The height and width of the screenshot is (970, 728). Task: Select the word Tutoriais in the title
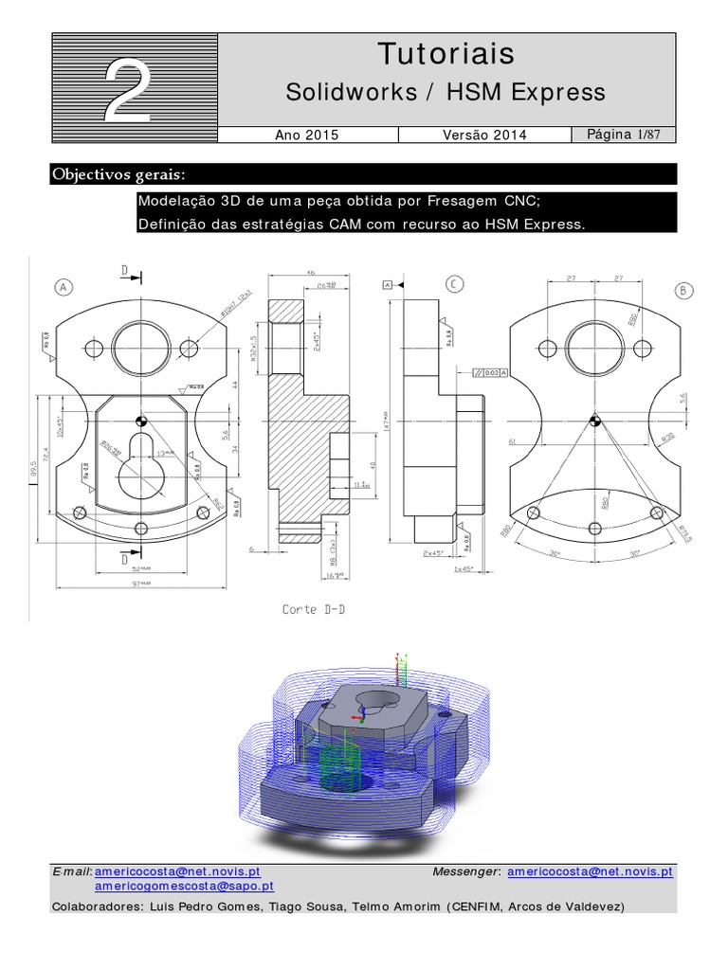tap(446, 54)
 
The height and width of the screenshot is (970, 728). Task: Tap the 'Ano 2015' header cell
tap(306, 135)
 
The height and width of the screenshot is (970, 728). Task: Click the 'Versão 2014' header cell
tap(484, 135)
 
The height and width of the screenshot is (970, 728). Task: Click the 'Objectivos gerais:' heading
tap(118, 174)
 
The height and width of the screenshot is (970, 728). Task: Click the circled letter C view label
tap(455, 283)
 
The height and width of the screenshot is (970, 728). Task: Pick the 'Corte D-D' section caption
tap(314, 609)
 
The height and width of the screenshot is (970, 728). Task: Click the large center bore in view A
tap(140, 345)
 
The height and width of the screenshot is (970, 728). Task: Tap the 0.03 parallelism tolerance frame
tap(490, 373)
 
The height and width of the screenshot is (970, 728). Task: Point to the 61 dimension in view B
tap(513, 441)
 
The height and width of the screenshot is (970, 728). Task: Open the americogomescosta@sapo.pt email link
tap(184, 887)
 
